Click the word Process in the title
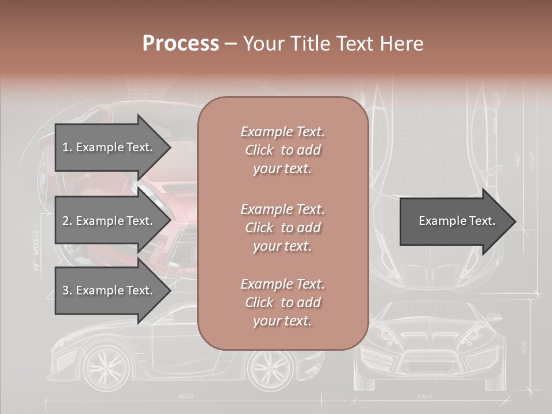click(x=181, y=44)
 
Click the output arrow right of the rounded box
click(x=458, y=221)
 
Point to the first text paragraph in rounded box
click(x=282, y=150)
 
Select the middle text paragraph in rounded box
click(x=282, y=228)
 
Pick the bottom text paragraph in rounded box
click(x=282, y=302)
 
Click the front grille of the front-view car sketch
click(x=426, y=362)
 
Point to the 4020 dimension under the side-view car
click(x=185, y=396)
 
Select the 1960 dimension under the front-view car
click(x=424, y=397)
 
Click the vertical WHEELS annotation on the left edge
click(x=36, y=250)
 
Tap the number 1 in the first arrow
click(x=65, y=148)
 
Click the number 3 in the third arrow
click(x=66, y=291)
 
